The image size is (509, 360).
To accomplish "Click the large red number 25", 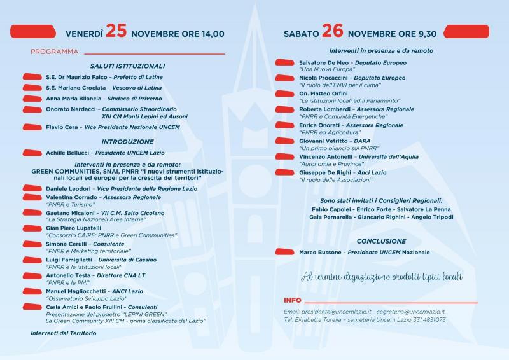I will [x=116, y=31].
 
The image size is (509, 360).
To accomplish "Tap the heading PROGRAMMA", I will [x=54, y=52].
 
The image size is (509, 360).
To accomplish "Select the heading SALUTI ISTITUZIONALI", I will [x=127, y=66].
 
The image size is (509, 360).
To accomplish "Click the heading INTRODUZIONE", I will [x=127, y=141].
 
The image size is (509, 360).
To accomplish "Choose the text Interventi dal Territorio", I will [x=63, y=333].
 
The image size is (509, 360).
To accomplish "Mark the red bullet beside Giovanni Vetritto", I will [x=283, y=141].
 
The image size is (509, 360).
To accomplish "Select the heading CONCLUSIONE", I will [x=381, y=241].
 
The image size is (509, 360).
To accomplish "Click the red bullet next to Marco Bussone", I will [x=283, y=253].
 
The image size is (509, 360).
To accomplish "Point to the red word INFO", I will [x=293, y=300].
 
